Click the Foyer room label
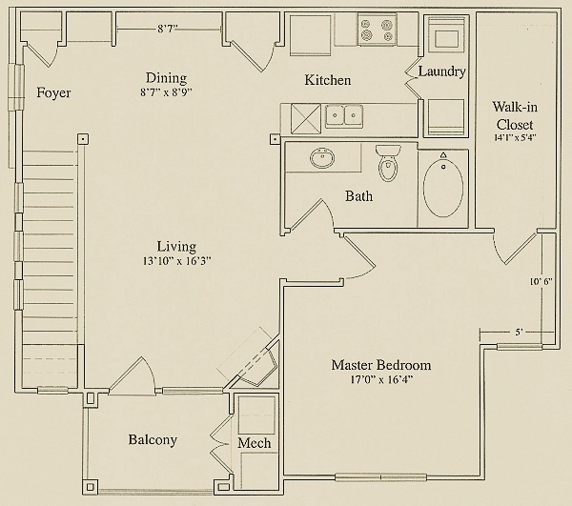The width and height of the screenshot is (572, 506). pyautogui.click(x=53, y=93)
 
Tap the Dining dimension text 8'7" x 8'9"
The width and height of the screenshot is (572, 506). pyautogui.click(x=166, y=92)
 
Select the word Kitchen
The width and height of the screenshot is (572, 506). pyautogui.click(x=328, y=80)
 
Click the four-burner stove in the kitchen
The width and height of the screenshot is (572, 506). pyautogui.click(x=378, y=30)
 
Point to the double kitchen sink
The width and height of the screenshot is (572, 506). pyautogui.click(x=343, y=116)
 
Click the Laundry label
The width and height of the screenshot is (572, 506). pyautogui.click(x=441, y=71)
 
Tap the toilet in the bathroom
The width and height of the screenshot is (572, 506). pyautogui.click(x=388, y=163)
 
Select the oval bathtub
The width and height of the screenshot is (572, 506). pyautogui.click(x=443, y=189)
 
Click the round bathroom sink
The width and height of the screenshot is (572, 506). pyautogui.click(x=322, y=158)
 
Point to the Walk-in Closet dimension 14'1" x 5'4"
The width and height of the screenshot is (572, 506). pyautogui.click(x=515, y=138)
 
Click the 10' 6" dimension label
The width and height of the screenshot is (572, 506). pyautogui.click(x=541, y=281)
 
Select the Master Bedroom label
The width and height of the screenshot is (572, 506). pyautogui.click(x=381, y=365)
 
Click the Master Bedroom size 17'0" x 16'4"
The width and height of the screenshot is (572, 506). pyautogui.click(x=381, y=380)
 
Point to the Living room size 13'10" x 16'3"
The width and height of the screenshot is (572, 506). pyautogui.click(x=177, y=261)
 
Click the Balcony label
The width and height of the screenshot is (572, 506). pyautogui.click(x=153, y=440)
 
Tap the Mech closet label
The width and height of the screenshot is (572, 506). pyautogui.click(x=255, y=443)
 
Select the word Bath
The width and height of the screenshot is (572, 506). pyautogui.click(x=359, y=196)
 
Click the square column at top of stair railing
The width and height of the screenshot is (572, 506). pyautogui.click(x=83, y=139)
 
